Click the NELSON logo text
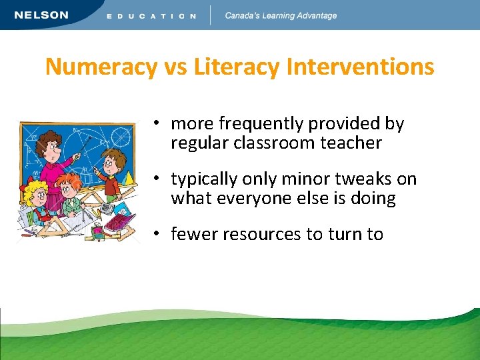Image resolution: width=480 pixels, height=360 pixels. pyautogui.click(x=41, y=15)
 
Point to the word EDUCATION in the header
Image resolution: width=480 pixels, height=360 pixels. pyautogui.click(x=151, y=16)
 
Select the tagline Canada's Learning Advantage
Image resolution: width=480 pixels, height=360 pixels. pyautogui.click(x=281, y=15)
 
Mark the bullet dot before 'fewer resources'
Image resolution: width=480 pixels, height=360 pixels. pyautogui.click(x=154, y=234)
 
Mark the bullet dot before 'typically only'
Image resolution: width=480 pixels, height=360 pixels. pyautogui.click(x=154, y=179)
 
